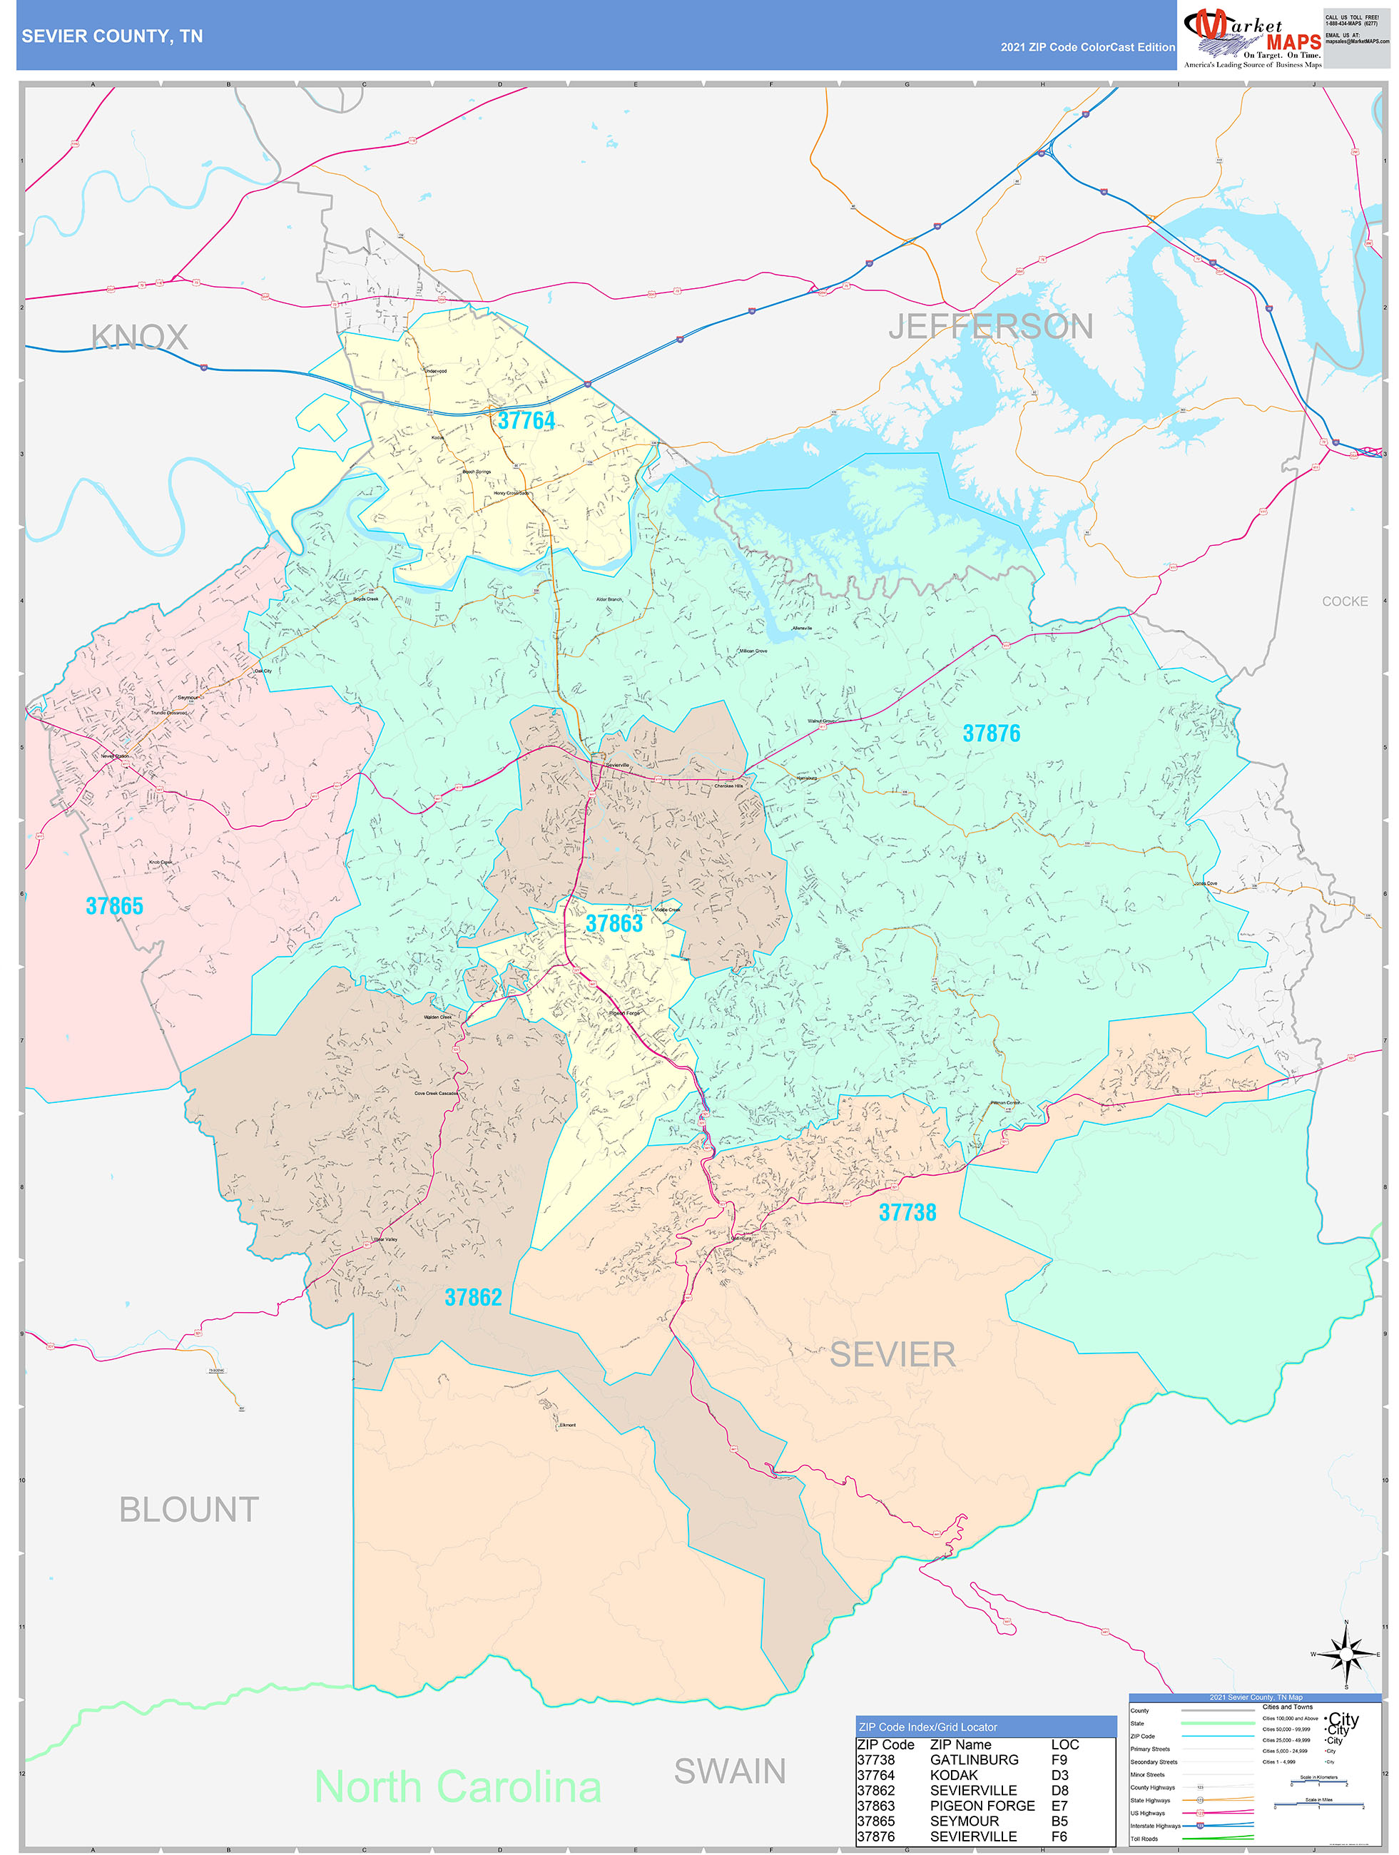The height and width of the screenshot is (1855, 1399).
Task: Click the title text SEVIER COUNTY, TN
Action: tap(111, 36)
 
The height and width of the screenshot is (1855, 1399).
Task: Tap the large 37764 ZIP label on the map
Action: tap(526, 420)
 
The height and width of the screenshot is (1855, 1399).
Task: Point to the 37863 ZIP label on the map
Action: tap(614, 923)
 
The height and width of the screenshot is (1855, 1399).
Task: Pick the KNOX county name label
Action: tap(139, 337)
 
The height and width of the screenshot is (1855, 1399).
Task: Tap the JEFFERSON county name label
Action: tap(990, 326)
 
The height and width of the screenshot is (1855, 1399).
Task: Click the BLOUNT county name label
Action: tap(189, 1509)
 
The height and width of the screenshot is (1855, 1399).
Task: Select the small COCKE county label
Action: tap(1343, 601)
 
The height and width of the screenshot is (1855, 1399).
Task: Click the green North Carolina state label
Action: tap(457, 1787)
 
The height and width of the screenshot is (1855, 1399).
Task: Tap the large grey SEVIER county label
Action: tap(892, 1354)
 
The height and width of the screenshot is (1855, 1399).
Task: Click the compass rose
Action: tap(1345, 1654)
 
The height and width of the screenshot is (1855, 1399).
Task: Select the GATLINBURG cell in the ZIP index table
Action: tap(974, 1760)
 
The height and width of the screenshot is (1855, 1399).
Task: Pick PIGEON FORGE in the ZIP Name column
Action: tap(982, 1806)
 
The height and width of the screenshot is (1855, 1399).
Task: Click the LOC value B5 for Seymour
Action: tap(1059, 1821)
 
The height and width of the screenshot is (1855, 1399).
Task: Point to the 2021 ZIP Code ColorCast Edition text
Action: tap(1087, 47)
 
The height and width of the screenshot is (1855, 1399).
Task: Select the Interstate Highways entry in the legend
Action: tap(1155, 1826)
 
